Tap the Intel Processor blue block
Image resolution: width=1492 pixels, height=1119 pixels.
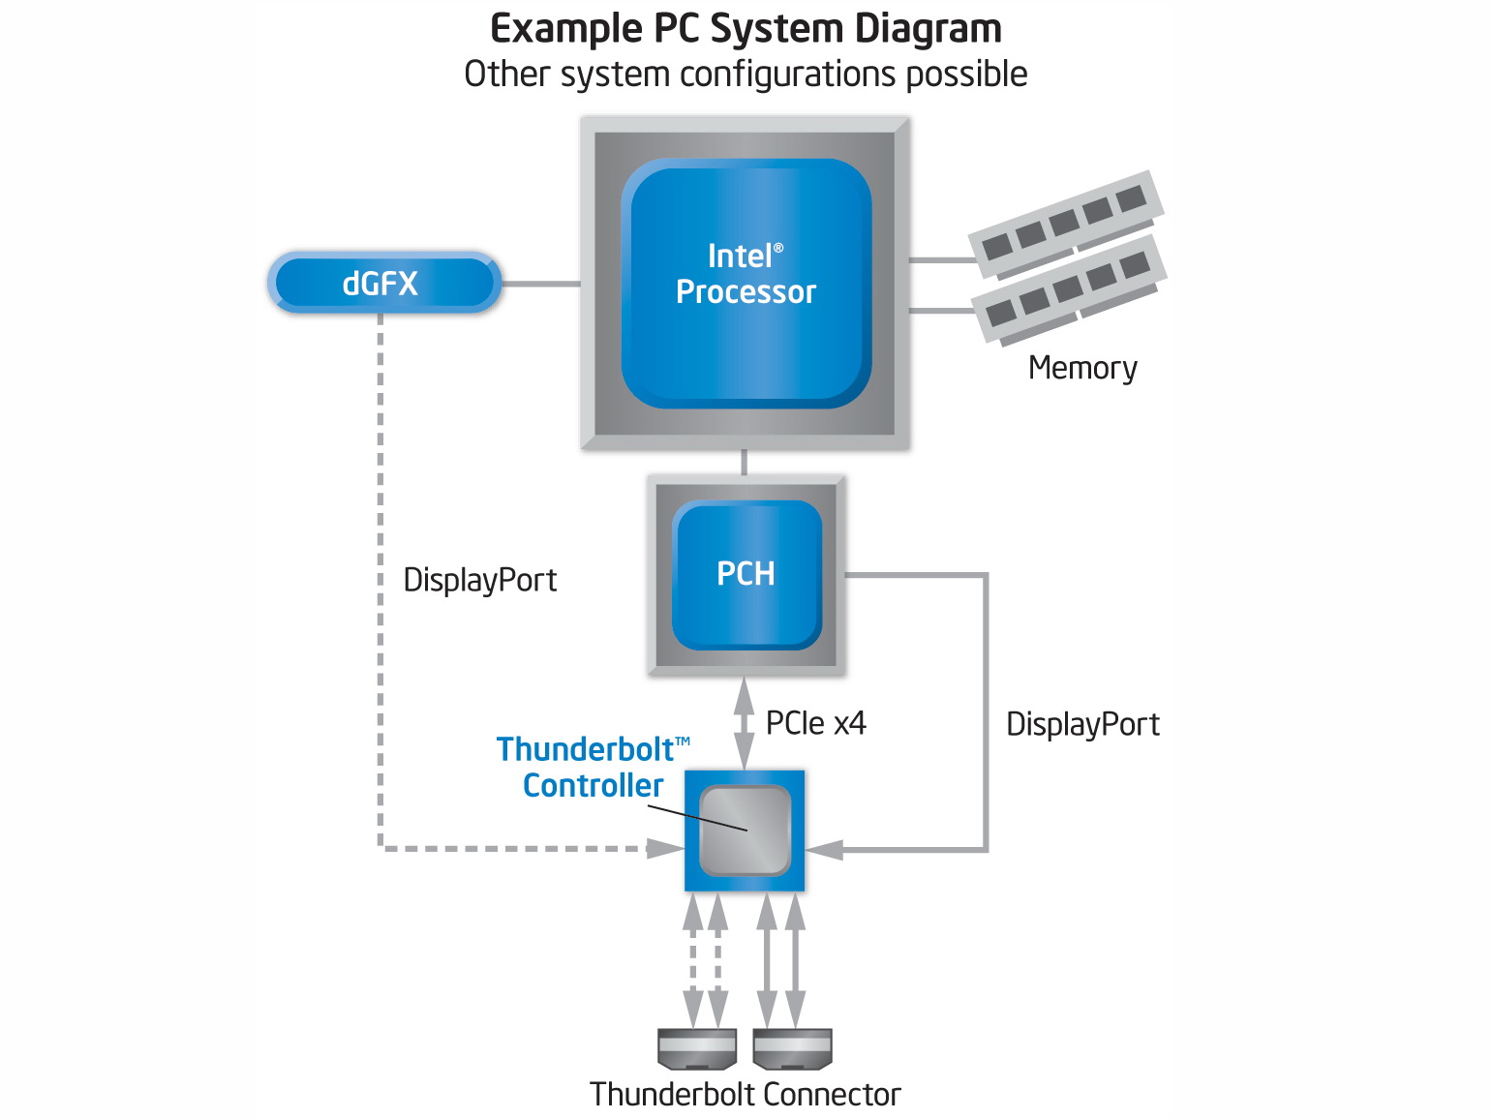[746, 283]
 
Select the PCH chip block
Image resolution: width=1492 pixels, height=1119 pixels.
[746, 574]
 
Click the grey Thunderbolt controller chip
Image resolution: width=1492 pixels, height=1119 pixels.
[746, 831]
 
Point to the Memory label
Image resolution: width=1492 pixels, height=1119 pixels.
[1082, 369]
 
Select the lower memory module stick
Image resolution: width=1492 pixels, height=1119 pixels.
[1069, 288]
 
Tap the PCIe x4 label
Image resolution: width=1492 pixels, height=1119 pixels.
[815, 723]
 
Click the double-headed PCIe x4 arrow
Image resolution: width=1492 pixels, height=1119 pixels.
[744, 723]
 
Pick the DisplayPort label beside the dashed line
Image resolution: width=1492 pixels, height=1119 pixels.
[479, 580]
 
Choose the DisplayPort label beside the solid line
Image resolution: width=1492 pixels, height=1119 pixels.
[1082, 724]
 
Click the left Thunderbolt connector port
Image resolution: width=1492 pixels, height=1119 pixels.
[697, 1048]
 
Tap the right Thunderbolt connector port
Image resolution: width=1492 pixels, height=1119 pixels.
[792, 1048]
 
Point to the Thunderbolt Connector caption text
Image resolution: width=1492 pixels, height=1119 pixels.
[745, 1095]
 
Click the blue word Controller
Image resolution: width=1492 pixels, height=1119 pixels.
[593, 785]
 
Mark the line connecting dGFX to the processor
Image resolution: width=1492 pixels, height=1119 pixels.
[540, 284]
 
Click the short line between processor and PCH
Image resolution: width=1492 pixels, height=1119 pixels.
[744, 462]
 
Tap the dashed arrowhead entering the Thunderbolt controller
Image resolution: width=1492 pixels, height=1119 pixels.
[666, 849]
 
